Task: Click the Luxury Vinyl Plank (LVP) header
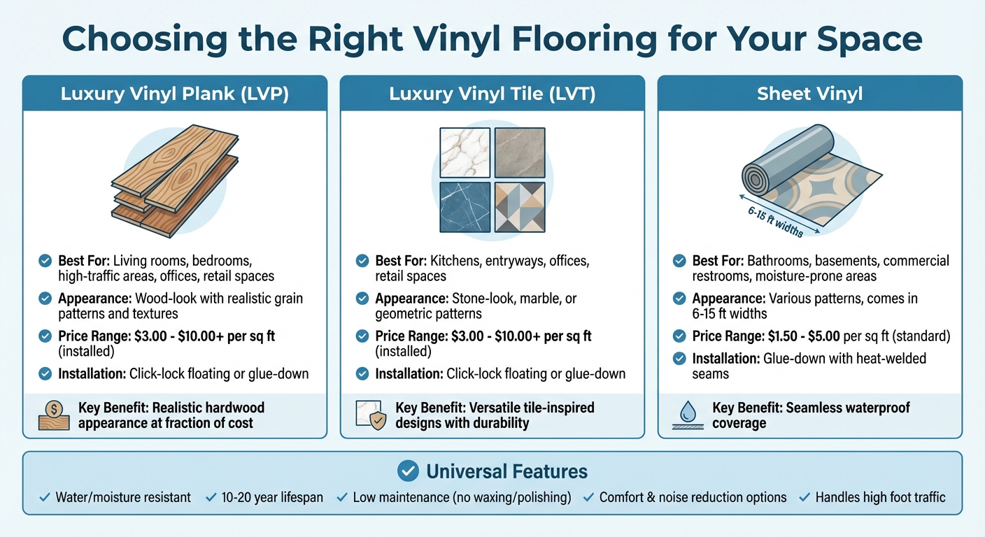[x=174, y=94]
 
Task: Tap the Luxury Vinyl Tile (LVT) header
[x=492, y=94]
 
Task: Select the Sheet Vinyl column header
[x=809, y=94]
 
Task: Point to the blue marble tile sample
[x=464, y=207]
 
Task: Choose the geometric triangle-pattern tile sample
[x=519, y=207]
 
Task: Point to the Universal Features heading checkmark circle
[x=407, y=471]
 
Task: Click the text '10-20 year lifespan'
[x=272, y=498]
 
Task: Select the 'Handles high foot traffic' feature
[x=880, y=498]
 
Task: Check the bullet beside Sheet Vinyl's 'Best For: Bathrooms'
[x=679, y=261]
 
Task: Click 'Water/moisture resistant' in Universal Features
[x=123, y=498]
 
